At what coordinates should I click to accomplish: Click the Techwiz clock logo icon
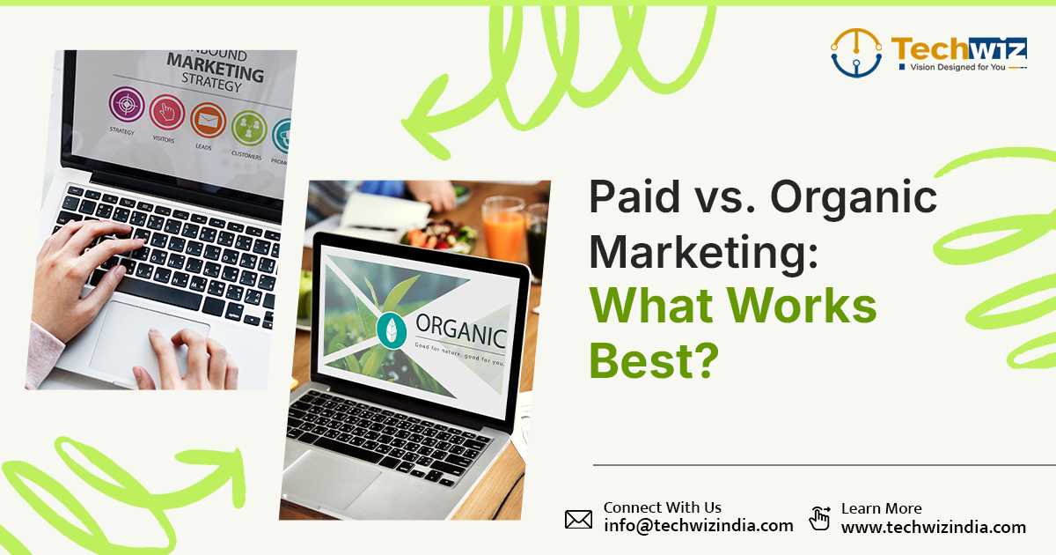856,52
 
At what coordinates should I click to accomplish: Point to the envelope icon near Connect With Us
578,519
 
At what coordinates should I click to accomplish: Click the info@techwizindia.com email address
698,526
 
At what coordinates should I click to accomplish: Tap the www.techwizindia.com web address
933,528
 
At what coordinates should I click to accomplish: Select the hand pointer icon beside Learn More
819,518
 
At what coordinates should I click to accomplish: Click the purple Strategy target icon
126,105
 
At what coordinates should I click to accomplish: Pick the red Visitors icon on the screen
166,112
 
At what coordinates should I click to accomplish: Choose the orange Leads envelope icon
208,120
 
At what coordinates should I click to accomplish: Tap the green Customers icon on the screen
248,128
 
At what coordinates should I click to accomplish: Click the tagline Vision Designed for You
950,67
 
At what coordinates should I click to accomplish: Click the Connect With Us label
662,507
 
